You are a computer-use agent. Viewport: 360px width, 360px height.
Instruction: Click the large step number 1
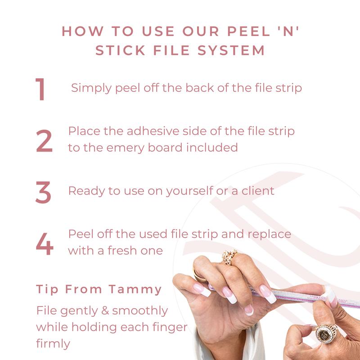pos(40,89)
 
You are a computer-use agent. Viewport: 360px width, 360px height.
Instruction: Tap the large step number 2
pos(44,141)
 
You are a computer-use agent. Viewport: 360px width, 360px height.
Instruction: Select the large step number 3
pos(43,192)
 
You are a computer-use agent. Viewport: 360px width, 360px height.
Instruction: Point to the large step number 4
pos(45,244)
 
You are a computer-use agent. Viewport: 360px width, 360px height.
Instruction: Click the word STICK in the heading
pos(120,50)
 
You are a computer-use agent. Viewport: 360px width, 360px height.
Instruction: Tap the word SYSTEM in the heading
pos(231,50)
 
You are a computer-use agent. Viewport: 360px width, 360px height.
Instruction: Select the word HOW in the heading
pos(83,31)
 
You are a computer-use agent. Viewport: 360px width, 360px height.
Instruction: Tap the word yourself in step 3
pos(189,191)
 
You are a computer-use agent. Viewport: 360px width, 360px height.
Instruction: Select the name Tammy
pos(135,289)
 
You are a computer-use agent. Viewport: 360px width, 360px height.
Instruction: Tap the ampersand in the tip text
pos(105,310)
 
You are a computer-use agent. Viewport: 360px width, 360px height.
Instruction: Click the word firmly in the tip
pos(53,344)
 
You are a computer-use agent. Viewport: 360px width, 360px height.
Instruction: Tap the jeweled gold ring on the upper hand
pos(229,257)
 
